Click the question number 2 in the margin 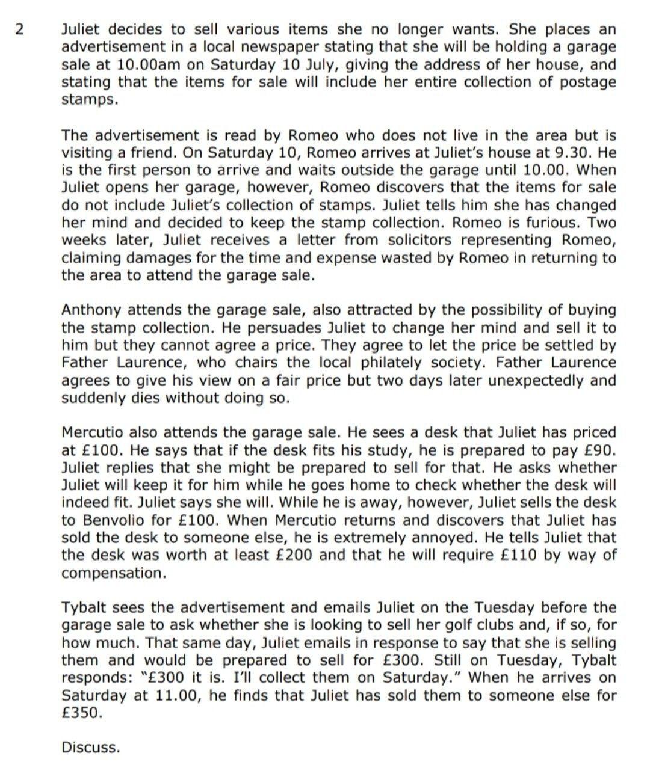(20, 29)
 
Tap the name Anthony (91, 310)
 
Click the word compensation (113, 573)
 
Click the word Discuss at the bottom (91, 748)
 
